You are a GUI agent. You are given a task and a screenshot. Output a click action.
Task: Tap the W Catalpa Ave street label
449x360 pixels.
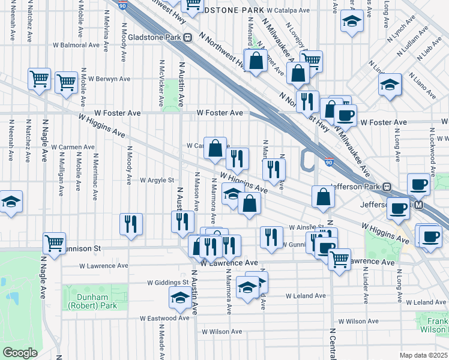[x=288, y=11]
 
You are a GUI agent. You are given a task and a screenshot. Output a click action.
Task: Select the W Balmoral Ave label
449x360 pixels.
[x=76, y=45]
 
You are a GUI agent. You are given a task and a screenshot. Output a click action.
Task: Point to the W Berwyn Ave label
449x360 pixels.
[x=109, y=79]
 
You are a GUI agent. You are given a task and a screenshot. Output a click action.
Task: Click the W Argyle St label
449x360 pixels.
[x=157, y=179]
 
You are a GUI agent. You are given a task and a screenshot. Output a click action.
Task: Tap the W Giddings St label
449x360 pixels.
[x=169, y=282]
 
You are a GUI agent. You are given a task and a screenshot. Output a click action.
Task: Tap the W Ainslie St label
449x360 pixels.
[x=306, y=227]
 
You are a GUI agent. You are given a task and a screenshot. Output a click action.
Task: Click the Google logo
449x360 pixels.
[x=20, y=353]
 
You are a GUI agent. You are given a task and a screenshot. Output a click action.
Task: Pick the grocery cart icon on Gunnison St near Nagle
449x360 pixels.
[x=54, y=244]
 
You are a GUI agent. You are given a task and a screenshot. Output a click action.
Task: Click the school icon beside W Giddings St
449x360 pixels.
[x=180, y=298]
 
